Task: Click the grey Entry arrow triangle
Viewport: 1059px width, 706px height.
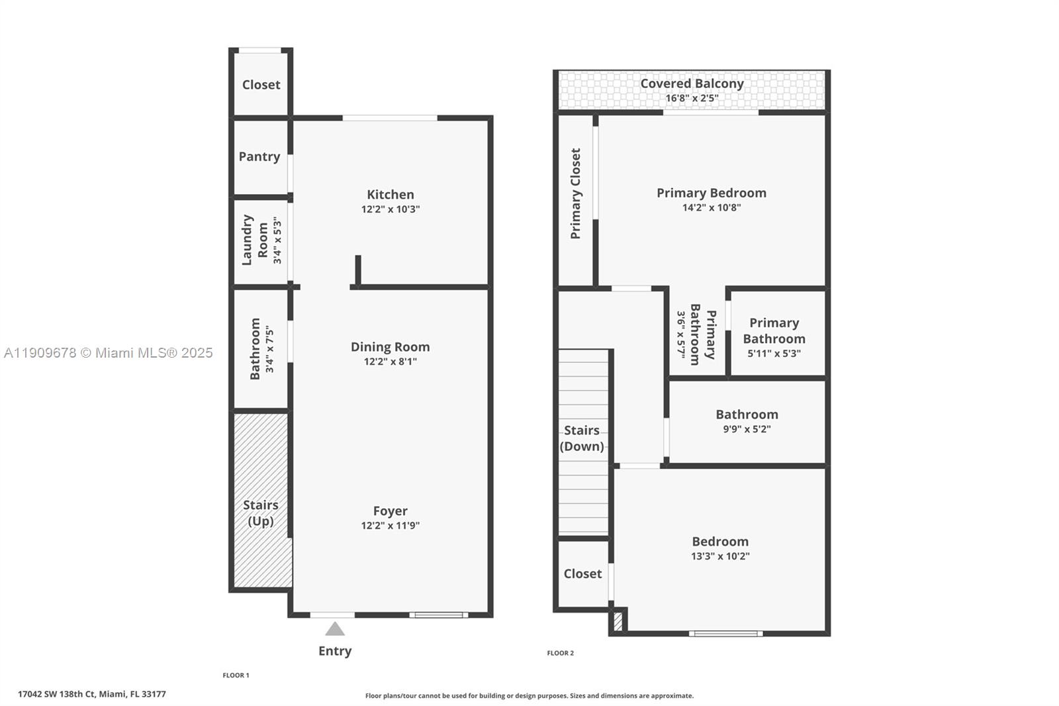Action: tap(335, 629)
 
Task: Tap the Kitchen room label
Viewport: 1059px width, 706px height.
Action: tap(391, 195)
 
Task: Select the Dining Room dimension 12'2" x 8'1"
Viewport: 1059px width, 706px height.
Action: tap(391, 362)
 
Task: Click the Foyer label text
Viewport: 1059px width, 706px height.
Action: tap(391, 511)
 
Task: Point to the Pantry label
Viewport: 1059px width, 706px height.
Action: tap(259, 157)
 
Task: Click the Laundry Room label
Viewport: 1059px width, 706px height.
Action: tap(255, 240)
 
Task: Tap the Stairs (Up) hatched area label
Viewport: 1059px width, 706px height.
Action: tap(261, 513)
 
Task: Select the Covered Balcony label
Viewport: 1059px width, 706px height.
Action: tap(692, 84)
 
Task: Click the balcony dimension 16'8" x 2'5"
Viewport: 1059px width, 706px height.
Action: tap(692, 99)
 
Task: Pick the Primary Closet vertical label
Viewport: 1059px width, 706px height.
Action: tap(575, 193)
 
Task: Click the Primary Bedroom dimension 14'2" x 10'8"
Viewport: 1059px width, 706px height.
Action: tap(712, 208)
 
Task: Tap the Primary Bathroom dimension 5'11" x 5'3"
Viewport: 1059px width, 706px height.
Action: tap(774, 354)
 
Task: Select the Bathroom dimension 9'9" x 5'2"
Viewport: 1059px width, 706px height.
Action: tap(747, 429)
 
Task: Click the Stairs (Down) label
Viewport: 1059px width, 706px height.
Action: tap(582, 438)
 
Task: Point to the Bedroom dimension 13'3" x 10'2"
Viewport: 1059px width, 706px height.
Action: tap(720, 556)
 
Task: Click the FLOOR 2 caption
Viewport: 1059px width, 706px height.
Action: tap(560, 653)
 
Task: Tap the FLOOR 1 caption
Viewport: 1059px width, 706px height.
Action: tap(236, 676)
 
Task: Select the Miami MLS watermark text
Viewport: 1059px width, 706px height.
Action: tap(109, 353)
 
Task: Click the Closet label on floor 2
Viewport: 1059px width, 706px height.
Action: tap(582, 574)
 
